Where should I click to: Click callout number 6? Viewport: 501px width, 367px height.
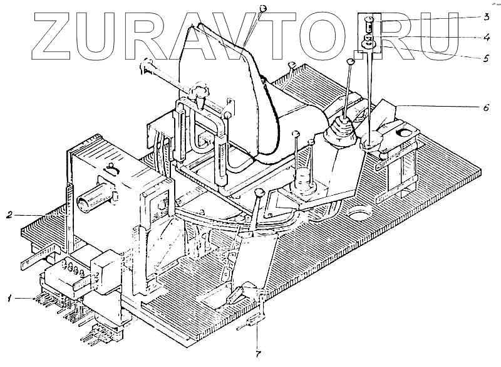tap(485, 107)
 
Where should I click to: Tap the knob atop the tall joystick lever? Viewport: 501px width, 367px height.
tap(351, 61)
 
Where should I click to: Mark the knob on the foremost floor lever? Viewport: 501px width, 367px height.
tap(259, 192)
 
